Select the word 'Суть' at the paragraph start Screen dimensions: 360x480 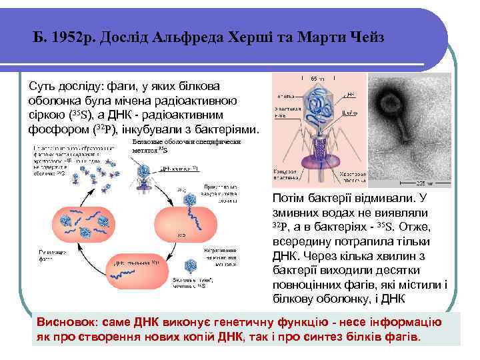pos(41,87)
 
